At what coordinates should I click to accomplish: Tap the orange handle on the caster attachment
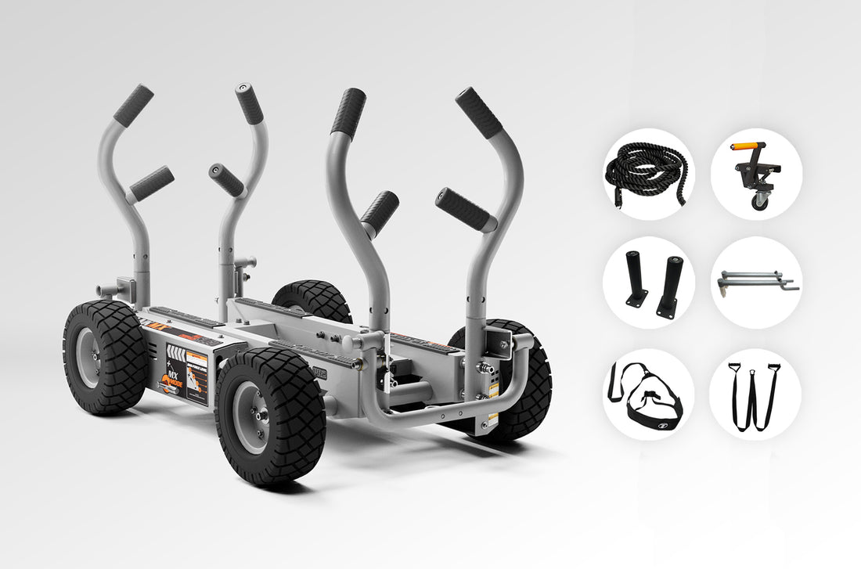point(745,146)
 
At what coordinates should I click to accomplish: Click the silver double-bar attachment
point(755,279)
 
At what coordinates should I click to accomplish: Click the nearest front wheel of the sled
point(270,416)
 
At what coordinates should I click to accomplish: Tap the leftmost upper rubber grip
point(133,105)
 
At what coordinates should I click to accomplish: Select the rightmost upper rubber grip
point(479,113)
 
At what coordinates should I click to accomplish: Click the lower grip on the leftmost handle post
point(151,183)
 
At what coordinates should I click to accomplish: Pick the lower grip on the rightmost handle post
point(467,209)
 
